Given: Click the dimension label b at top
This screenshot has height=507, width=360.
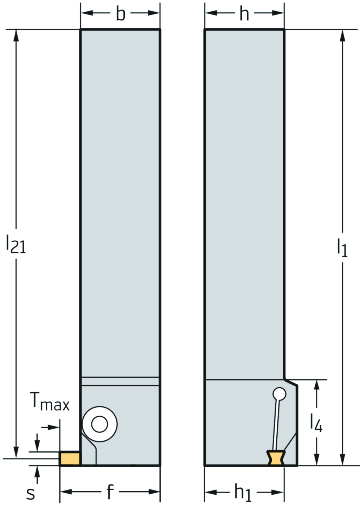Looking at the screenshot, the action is pos(121,14).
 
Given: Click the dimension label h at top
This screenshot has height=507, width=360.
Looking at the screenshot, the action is pos(244,14).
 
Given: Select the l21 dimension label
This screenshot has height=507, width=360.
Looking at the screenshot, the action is pos(16,244).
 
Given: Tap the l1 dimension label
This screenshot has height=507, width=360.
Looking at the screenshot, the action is pos(342,248).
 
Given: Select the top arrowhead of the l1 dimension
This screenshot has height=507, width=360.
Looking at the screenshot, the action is pos(342,36).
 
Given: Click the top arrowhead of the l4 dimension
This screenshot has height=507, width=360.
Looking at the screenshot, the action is pos(317,386).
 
